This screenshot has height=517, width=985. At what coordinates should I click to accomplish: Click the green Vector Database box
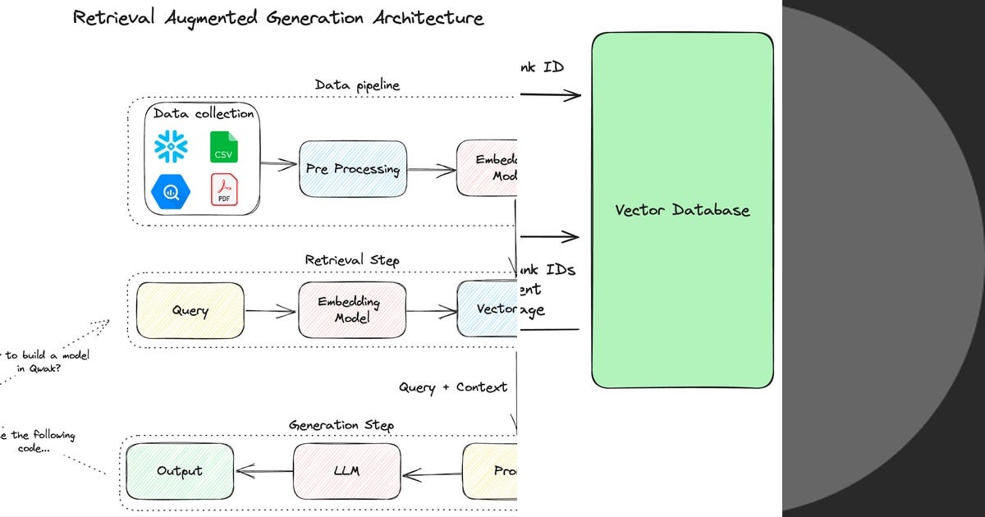tap(682, 210)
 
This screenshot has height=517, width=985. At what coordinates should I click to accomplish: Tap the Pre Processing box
tap(353, 169)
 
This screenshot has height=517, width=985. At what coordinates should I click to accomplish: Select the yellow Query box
tap(190, 310)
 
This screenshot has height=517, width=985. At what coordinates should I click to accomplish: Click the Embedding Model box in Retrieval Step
tap(352, 310)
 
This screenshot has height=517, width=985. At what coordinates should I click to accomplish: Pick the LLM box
tap(347, 471)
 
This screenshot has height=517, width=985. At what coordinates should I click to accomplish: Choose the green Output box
tap(179, 471)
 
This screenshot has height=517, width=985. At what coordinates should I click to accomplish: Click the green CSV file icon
tap(223, 147)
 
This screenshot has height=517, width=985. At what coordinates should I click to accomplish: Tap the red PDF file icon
tap(223, 190)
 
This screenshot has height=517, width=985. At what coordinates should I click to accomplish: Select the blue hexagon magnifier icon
tap(171, 190)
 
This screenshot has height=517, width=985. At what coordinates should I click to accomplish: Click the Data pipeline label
tap(357, 85)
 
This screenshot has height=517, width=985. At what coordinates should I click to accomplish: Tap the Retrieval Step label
tap(352, 260)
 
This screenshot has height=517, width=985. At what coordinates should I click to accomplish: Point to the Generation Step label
tap(341, 425)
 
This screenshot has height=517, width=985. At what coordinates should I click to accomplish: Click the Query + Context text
tap(453, 387)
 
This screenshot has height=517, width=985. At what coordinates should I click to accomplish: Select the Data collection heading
tap(204, 113)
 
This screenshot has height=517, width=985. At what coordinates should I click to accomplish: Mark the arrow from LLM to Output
tap(263, 471)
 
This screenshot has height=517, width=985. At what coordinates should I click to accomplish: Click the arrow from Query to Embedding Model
tap(270, 311)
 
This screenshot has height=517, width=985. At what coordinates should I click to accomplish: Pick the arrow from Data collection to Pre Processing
tap(279, 165)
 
